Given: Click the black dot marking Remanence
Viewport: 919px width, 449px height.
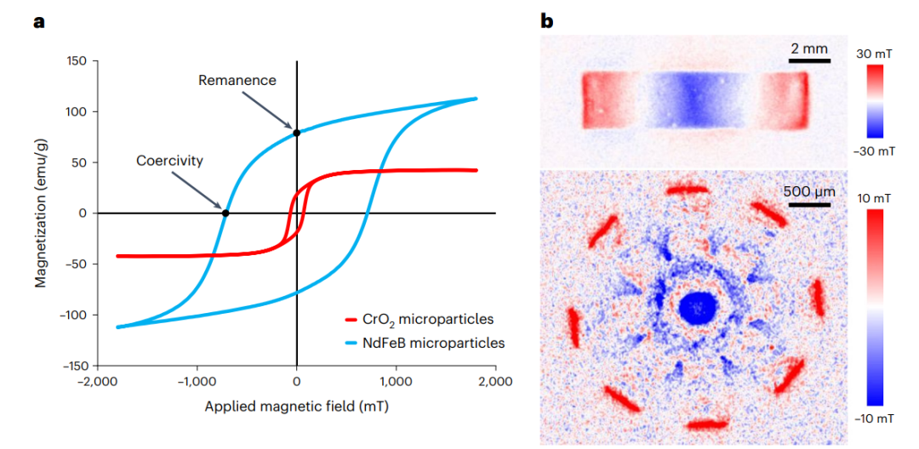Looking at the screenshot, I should (296, 133).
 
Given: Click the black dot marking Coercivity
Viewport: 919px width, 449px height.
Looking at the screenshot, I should (225, 213).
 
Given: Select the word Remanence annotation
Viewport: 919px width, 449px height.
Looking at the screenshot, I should (237, 81).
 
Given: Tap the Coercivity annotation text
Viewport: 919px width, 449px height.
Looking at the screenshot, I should (169, 160).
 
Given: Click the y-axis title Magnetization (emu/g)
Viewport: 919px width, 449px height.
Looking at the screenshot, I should (41, 212).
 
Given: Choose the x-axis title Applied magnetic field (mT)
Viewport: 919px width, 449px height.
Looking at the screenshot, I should (296, 406).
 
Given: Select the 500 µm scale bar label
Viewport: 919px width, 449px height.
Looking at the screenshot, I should (809, 190).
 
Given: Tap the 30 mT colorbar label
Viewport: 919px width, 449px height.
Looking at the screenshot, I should (874, 54).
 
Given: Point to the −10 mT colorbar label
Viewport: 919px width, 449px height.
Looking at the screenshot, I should (874, 418).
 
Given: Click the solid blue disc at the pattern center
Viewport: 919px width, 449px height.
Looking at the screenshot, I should (697, 307).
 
